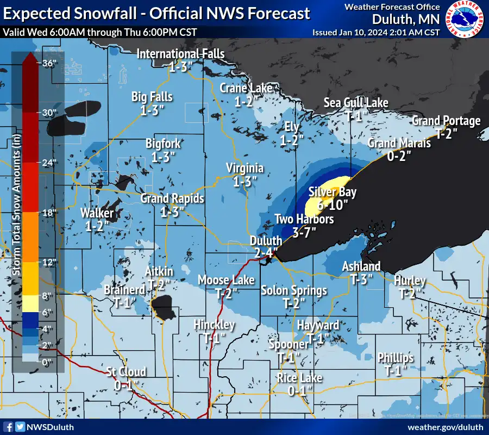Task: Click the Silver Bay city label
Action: [333, 192]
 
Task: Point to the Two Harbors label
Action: [304, 219]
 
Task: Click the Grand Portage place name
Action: [446, 121]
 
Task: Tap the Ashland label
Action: [361, 266]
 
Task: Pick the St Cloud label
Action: [126, 372]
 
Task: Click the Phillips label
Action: [396, 358]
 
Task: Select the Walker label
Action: [97, 213]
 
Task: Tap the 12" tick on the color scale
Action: [49, 263]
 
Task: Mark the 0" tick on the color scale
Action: [49, 362]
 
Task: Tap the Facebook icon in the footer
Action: [8, 427]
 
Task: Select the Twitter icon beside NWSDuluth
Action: [20, 427]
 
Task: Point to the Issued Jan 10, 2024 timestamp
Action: [375, 32]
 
